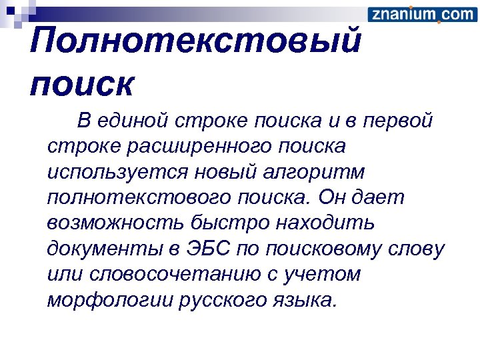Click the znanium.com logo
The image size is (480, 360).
pyautogui.click(x=421, y=15)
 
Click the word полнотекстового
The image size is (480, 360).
pyautogui.click(x=138, y=198)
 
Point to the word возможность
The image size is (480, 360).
pyautogui.click(x=116, y=223)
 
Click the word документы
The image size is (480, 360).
pyautogui.click(x=103, y=249)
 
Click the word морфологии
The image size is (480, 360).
pyautogui.click(x=110, y=301)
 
